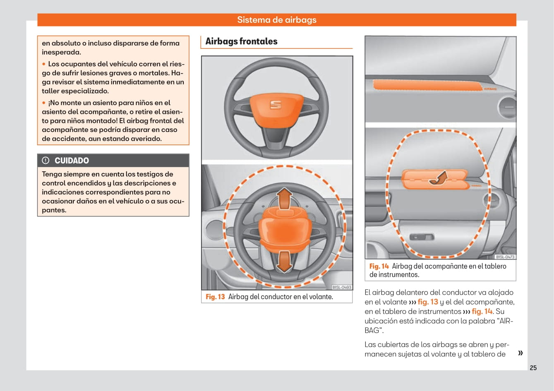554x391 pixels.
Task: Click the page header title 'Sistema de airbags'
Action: pyautogui.click(x=277, y=20)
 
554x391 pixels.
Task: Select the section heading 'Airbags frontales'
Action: pyautogui.click(x=241, y=41)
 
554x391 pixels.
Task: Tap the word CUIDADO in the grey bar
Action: pyautogui.click(x=72, y=161)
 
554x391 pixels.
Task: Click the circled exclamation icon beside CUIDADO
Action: pyautogui.click(x=46, y=161)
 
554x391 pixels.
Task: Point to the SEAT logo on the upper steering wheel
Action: pyautogui.click(x=276, y=105)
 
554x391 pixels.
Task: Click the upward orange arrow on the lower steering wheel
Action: pyautogui.click(x=284, y=198)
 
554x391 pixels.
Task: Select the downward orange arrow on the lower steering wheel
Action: pyautogui.click(x=284, y=261)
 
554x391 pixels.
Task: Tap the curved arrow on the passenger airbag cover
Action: pyautogui.click(x=438, y=178)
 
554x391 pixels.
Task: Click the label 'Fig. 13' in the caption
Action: pyautogui.click(x=215, y=297)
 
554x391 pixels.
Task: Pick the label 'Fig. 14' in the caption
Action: pyautogui.click(x=379, y=266)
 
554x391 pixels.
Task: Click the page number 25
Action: pyautogui.click(x=533, y=368)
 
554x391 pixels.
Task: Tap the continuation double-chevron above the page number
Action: pyautogui.click(x=520, y=353)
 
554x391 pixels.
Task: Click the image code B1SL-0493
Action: pyautogui.click(x=342, y=287)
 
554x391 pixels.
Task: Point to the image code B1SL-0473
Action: pyautogui.click(x=505, y=257)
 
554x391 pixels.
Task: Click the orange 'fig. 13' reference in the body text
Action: pyautogui.click(x=427, y=302)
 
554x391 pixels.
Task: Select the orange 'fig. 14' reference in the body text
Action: pyautogui.click(x=482, y=312)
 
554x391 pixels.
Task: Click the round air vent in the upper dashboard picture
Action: pyautogui.click(x=507, y=107)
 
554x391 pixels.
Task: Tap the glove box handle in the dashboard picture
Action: pyautogui.click(x=422, y=237)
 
